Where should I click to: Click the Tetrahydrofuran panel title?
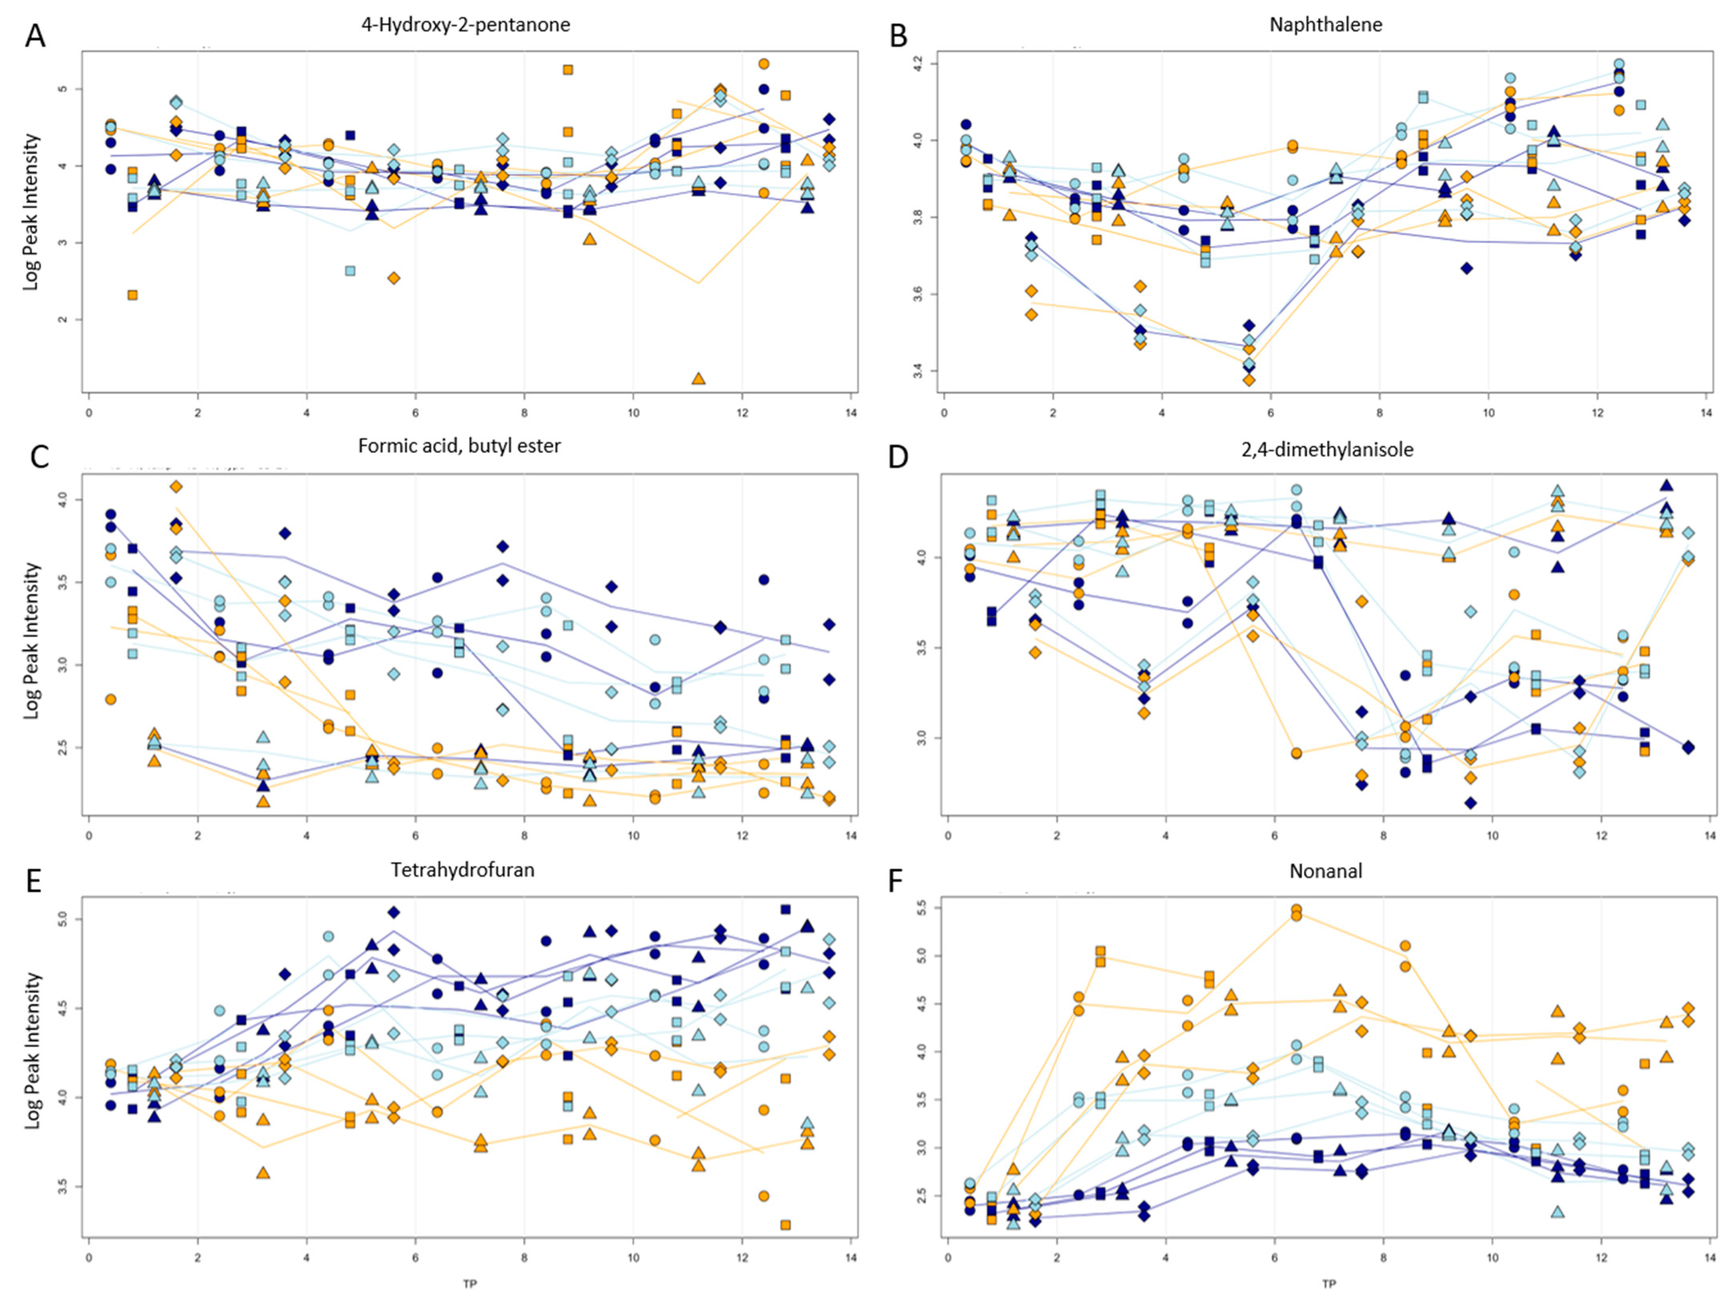point(463,870)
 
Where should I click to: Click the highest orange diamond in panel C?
point(176,487)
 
